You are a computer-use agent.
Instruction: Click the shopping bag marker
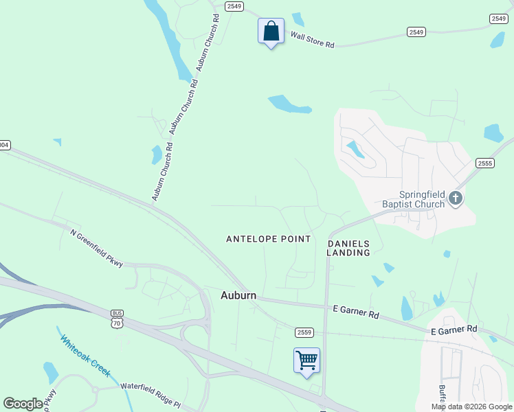point(271,31)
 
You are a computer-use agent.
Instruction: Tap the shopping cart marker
point(306,360)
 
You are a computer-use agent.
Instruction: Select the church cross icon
point(455,199)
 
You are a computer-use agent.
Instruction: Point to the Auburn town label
point(238,295)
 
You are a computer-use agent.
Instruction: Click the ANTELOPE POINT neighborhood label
point(269,239)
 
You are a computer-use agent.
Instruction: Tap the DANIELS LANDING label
point(348,248)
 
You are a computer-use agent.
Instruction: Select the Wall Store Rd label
point(312,39)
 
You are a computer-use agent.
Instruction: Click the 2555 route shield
point(485,162)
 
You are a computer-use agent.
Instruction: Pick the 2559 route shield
point(304,332)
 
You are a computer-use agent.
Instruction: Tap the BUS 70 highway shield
point(118,319)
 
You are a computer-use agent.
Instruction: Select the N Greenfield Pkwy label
point(97,248)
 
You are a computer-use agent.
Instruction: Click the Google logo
point(23,404)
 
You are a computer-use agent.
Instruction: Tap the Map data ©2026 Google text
point(471,407)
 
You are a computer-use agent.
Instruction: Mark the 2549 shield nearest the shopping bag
point(234,7)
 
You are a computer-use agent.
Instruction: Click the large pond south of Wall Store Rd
point(289,104)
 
